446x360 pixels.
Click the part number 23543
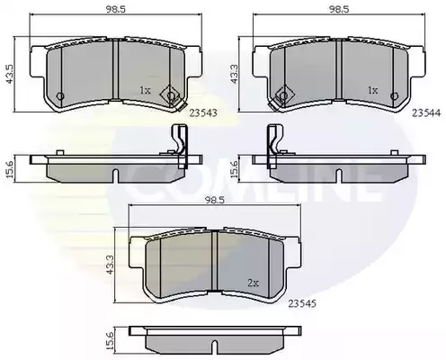(203, 113)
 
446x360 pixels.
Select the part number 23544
(426, 113)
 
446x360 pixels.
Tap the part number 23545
(302, 304)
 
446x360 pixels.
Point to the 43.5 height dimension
(11, 74)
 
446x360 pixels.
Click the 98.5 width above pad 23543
(115, 9)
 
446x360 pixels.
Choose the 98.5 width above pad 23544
(339, 9)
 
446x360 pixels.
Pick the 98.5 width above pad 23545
(215, 200)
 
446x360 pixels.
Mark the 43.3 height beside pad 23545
(110, 265)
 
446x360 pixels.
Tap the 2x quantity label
(254, 283)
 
